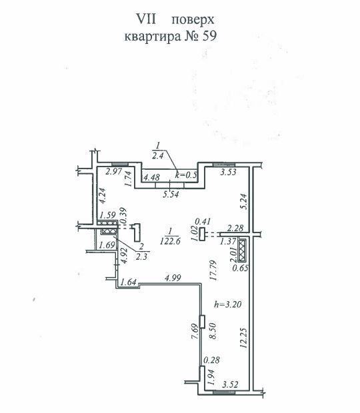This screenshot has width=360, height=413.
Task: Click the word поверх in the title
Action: pyautogui.click(x=193, y=20)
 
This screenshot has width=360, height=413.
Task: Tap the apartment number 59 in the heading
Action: pyautogui.click(x=209, y=36)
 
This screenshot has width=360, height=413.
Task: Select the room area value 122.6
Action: pyautogui.click(x=170, y=241)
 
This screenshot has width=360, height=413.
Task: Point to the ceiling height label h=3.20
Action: pyautogui.click(x=228, y=304)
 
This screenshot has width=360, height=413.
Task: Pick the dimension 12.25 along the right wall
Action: pyautogui.click(x=243, y=338)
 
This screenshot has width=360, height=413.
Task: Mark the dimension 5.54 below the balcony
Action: pyautogui.click(x=171, y=195)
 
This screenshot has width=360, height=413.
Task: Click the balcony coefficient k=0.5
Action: pyautogui.click(x=186, y=175)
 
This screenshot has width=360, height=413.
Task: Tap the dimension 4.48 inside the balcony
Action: pyautogui.click(x=151, y=177)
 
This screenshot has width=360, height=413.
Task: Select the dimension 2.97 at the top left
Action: pyautogui.click(x=113, y=172)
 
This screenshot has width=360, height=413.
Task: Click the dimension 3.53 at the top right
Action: pyautogui.click(x=229, y=173)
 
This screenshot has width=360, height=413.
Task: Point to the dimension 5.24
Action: pyautogui.click(x=243, y=202)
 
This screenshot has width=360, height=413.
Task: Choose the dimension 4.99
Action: pyautogui.click(x=173, y=278)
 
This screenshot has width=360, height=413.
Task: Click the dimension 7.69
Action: pyautogui.click(x=195, y=332)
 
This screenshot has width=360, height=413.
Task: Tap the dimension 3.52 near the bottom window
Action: pyautogui.click(x=230, y=385)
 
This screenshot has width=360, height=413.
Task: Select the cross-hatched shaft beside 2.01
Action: pyautogui.click(x=242, y=250)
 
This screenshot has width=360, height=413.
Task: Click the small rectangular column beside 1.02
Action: pyautogui.click(x=202, y=234)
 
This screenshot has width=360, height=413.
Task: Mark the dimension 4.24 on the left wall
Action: pyautogui.click(x=102, y=195)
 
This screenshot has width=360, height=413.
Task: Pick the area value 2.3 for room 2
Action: pyautogui.click(x=141, y=257)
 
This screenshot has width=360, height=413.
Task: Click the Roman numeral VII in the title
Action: pyautogui.click(x=146, y=19)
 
